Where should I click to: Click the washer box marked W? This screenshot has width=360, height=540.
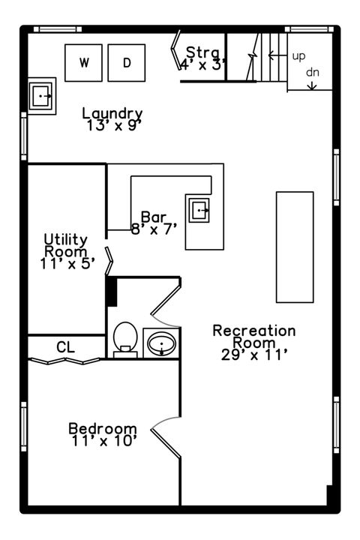84,63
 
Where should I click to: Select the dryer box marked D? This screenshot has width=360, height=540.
126,63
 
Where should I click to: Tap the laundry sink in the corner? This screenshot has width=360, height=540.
41,96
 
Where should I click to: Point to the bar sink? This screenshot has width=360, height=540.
199,211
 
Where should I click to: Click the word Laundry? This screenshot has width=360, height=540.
112,114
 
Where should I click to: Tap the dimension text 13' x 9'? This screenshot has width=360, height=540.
114,125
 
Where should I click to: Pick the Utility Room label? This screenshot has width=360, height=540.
66,244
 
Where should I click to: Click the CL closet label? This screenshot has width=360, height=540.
66,347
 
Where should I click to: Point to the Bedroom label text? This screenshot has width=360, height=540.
103,429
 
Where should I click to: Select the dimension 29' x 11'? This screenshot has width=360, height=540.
254,355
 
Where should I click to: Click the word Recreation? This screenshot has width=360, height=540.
254,331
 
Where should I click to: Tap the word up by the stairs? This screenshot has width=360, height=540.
298,56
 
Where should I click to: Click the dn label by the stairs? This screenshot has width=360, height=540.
313,73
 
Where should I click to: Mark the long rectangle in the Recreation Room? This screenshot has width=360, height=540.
295,247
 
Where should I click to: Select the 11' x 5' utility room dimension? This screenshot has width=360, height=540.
67,263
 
